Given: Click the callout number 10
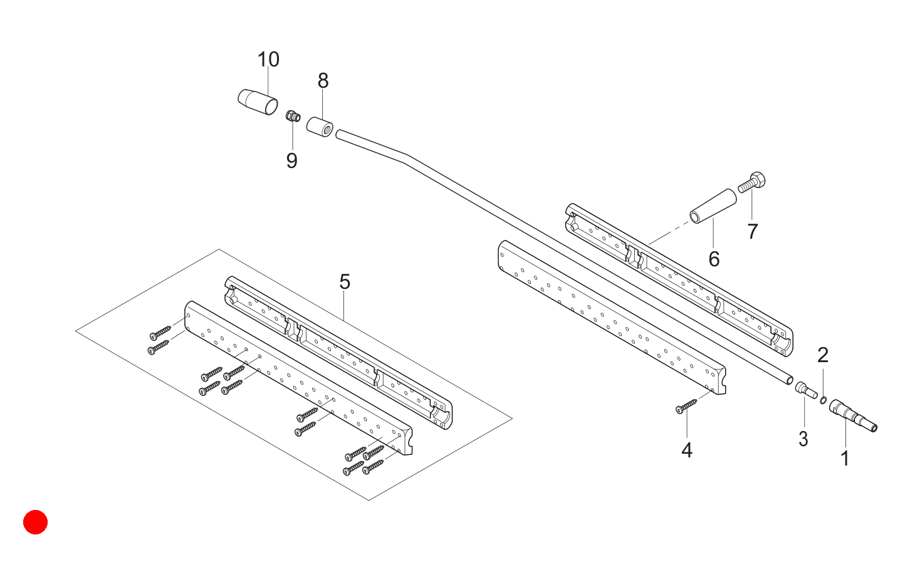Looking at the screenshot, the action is pos(268,60).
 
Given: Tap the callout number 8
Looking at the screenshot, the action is pos(323,81).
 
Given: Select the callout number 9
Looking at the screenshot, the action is pos(291,160).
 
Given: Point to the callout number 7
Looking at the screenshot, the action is pos(753,231).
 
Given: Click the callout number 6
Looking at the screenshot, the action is pos(714,259).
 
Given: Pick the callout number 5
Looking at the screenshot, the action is pos(345,281).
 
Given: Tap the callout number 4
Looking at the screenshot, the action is pos(687,450).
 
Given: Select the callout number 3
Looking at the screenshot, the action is pos(803,439).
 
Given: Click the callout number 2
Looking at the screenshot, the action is pos(823,355).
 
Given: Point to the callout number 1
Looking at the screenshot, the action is pos(845,459).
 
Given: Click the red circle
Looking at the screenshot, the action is pos(35,522).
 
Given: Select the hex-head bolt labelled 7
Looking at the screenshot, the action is pos(751,182).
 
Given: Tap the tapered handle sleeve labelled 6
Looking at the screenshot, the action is pos(713,206).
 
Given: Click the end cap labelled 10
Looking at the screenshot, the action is pos(258,101).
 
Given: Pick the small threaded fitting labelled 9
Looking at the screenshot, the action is pos(293,116).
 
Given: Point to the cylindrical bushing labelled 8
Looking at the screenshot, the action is pos(320,127).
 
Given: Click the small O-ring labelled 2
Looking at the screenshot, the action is pos(823,400).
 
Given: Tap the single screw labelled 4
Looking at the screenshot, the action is pos(686,406).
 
